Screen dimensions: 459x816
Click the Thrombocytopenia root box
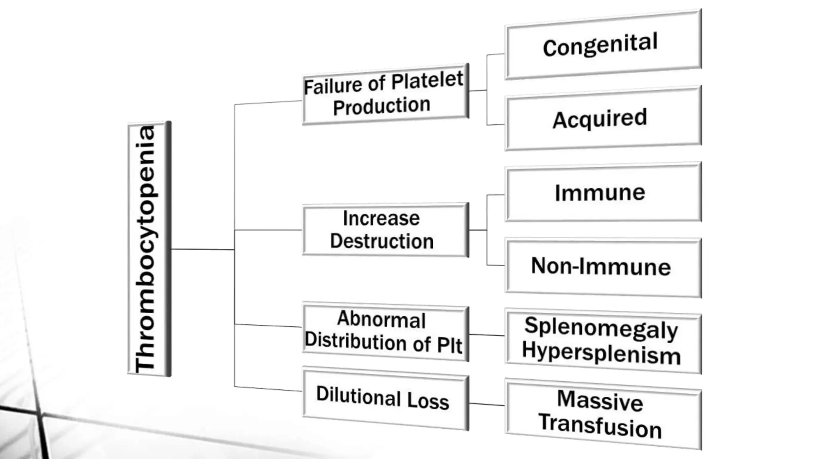pos(149,249)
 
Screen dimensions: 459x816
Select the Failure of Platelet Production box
pos(385,95)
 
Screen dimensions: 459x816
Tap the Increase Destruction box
pos(385,230)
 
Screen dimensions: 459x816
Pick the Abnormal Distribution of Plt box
pos(385,332)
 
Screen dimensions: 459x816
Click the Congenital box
pos(602,45)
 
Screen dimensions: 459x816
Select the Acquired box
pos(602,118)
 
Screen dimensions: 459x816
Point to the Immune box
pos(602,192)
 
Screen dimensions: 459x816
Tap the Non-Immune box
pos(602,267)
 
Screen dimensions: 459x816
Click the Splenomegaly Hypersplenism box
pos(602,341)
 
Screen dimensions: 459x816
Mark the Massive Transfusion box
pos(602,414)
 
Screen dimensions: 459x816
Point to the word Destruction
pos(382,241)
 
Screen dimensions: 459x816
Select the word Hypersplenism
pos(601,353)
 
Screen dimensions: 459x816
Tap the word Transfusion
pos(600,426)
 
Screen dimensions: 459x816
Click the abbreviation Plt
pos(449,345)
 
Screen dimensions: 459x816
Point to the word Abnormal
pos(381,320)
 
